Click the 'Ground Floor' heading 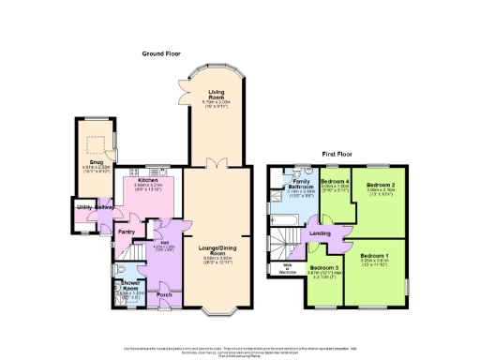point(160,54)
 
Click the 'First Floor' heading point(341,152)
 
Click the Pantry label point(127,232)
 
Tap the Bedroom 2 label point(380,186)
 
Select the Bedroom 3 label point(324,267)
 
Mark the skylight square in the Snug point(95,143)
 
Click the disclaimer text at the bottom point(241,350)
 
